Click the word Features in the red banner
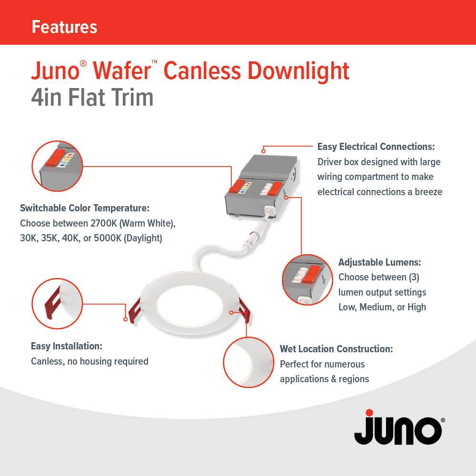(64, 27)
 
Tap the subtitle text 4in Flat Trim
(92, 98)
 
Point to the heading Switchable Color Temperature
(85, 208)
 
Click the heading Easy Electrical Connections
(376, 147)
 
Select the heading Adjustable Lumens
(379, 262)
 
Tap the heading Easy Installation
(66, 346)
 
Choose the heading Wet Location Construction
(336, 349)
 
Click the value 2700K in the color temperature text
(102, 223)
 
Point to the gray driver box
(263, 181)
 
